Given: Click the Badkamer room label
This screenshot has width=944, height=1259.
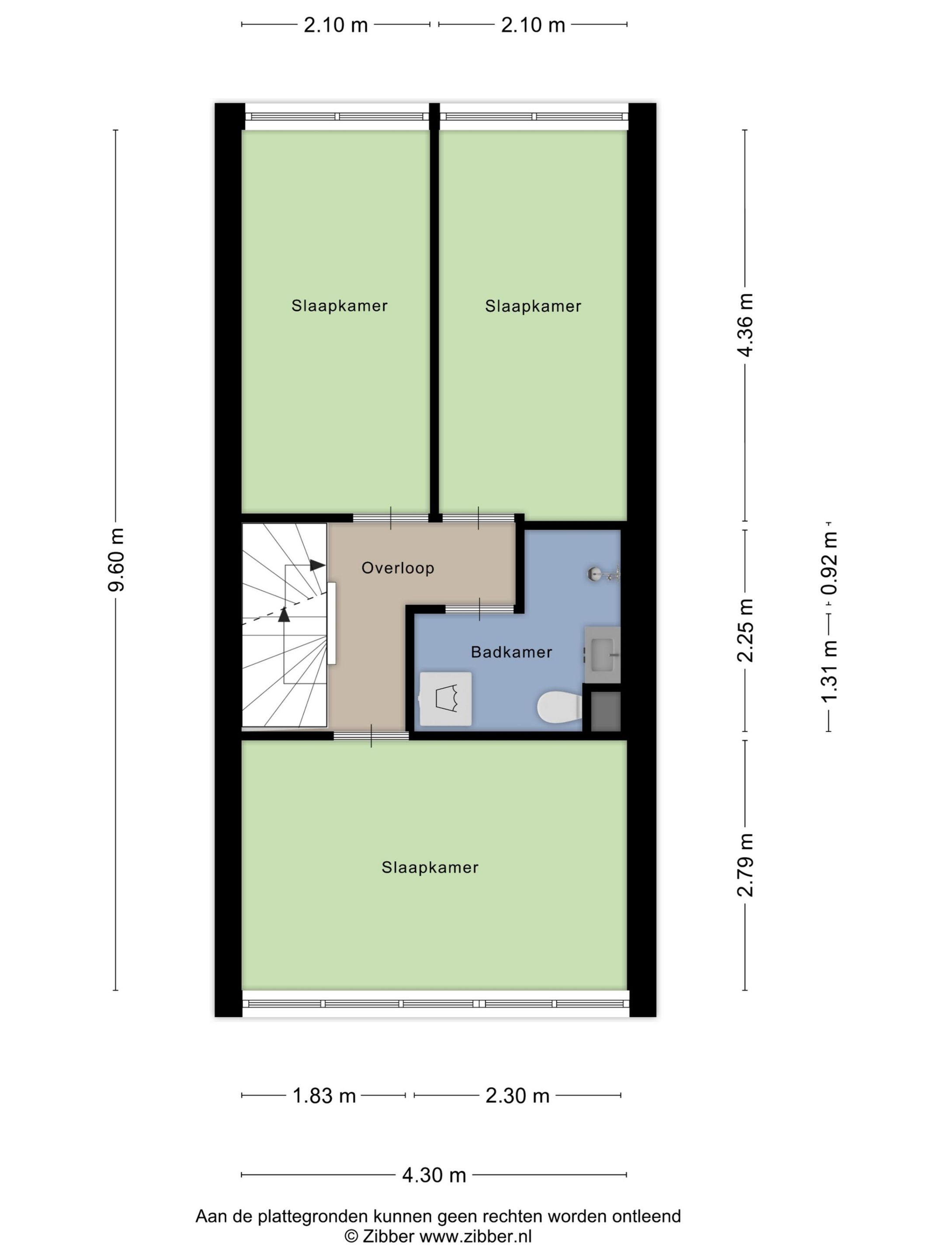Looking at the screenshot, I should (511, 652).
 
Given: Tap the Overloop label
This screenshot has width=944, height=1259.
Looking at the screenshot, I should (398, 568).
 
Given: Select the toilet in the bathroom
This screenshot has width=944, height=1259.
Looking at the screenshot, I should (559, 707).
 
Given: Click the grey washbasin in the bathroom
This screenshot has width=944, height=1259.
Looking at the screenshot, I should (603, 654).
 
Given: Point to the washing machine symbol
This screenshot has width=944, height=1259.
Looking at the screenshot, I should (445, 699).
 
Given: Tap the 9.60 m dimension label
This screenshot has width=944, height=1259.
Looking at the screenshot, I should (117, 560).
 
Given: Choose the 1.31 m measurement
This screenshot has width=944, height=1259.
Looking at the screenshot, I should (829, 671).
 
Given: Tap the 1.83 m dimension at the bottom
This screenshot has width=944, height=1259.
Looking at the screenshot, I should (324, 1096).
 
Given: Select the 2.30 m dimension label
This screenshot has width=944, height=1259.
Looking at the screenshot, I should (517, 1096).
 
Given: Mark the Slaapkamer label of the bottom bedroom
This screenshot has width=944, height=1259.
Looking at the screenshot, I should (430, 867).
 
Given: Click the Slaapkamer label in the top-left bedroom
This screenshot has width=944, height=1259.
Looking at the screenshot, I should (339, 306).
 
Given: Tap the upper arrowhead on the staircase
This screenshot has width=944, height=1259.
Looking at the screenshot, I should (317, 565).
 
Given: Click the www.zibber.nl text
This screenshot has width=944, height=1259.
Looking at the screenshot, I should (475, 1236).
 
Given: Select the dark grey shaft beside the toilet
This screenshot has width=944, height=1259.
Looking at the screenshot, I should (605, 711).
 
